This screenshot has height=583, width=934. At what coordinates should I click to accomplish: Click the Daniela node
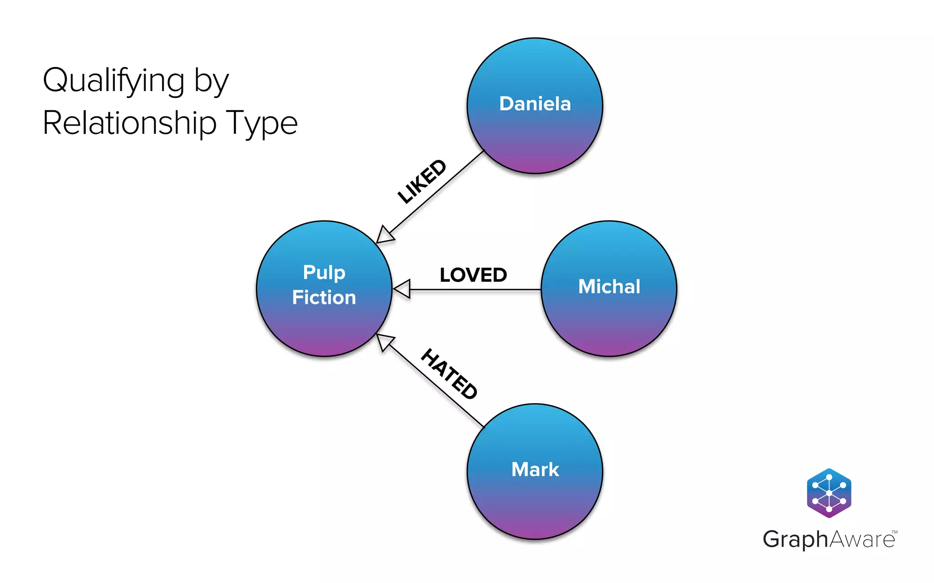(x=534, y=106)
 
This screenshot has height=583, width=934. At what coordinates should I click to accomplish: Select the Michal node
(x=609, y=289)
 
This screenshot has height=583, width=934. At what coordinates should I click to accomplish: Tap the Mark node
(x=534, y=471)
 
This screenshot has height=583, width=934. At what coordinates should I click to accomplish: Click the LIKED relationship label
(x=422, y=181)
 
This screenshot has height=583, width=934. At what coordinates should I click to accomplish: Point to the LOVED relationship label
(x=473, y=275)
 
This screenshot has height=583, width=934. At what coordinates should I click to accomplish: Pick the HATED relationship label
(x=449, y=374)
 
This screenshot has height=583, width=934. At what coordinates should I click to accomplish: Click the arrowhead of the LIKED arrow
(x=385, y=234)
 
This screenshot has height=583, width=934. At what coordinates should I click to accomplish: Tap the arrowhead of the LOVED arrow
(x=402, y=289)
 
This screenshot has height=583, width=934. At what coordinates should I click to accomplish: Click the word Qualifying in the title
(x=114, y=81)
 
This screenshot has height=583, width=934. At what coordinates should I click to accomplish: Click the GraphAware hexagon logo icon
(x=829, y=493)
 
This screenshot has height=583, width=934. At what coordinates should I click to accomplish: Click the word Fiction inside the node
(x=324, y=297)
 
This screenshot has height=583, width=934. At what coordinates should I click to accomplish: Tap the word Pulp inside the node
(x=324, y=272)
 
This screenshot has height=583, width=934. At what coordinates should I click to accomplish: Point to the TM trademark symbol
(x=894, y=532)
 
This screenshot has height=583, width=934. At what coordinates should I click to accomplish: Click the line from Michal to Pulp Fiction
(x=474, y=289)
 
